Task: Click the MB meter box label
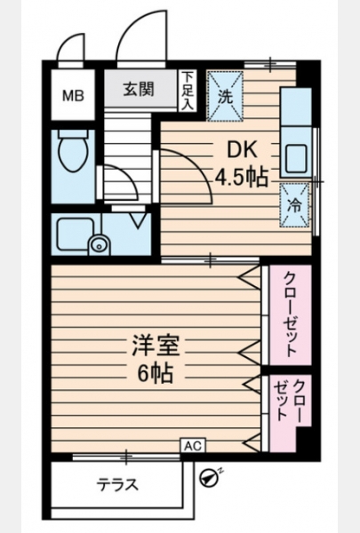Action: [73, 96]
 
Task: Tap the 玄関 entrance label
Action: [139, 89]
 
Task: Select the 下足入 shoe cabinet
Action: [187, 91]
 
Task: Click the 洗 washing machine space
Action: [225, 96]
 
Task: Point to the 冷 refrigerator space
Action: [295, 205]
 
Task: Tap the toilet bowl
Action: [73, 152]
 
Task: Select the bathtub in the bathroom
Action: [76, 235]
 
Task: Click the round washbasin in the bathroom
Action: [99, 244]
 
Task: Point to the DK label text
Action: [242, 149]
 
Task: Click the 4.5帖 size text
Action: [241, 177]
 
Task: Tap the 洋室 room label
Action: [156, 346]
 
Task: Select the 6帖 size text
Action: [156, 373]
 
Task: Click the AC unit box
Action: [193, 446]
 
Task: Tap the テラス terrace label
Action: [117, 484]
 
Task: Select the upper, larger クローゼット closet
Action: [291, 315]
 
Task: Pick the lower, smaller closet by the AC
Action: [289, 411]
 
